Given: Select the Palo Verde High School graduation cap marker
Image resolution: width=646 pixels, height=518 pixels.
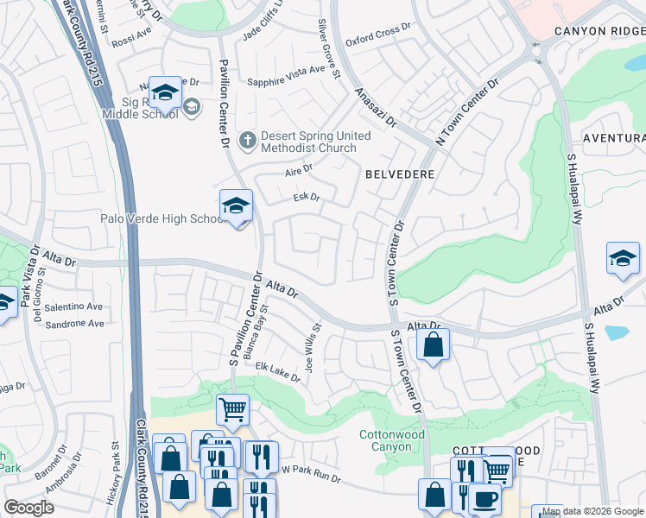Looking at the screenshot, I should (235, 205).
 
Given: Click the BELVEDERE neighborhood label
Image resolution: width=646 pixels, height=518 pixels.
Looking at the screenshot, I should (398, 174).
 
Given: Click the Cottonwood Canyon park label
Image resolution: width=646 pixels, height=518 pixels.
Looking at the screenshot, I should (392, 440).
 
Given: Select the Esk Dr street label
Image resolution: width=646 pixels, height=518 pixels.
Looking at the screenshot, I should (307, 198).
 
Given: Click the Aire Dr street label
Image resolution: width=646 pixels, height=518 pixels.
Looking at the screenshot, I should (298, 170).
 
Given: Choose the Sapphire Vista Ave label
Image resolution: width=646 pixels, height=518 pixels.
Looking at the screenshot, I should (294, 76).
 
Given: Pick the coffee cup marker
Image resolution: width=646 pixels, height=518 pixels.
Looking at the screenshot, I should (484, 497).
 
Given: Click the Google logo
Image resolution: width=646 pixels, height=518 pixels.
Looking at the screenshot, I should (29, 508).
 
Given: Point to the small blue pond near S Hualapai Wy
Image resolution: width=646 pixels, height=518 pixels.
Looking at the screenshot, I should (617, 332).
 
